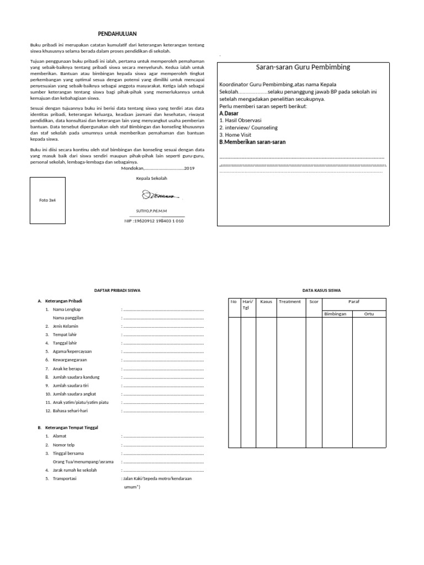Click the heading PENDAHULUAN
coord(113,34)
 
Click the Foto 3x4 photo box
coord(47,200)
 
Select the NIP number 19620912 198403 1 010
coord(154,221)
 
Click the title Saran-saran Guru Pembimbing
coord(303,67)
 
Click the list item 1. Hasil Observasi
coord(240,120)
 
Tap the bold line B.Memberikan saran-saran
coord(253,142)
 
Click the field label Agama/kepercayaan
coord(72,351)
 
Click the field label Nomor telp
coord(64,445)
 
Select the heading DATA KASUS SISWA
coord(321,290)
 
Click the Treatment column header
coord(290,302)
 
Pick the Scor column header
coord(314,302)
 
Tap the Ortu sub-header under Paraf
coord(369,313)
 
